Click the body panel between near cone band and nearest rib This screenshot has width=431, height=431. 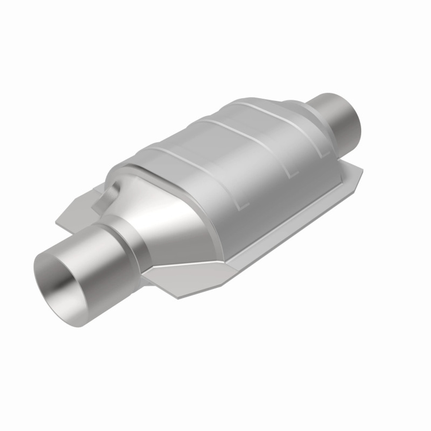(x=189, y=189)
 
